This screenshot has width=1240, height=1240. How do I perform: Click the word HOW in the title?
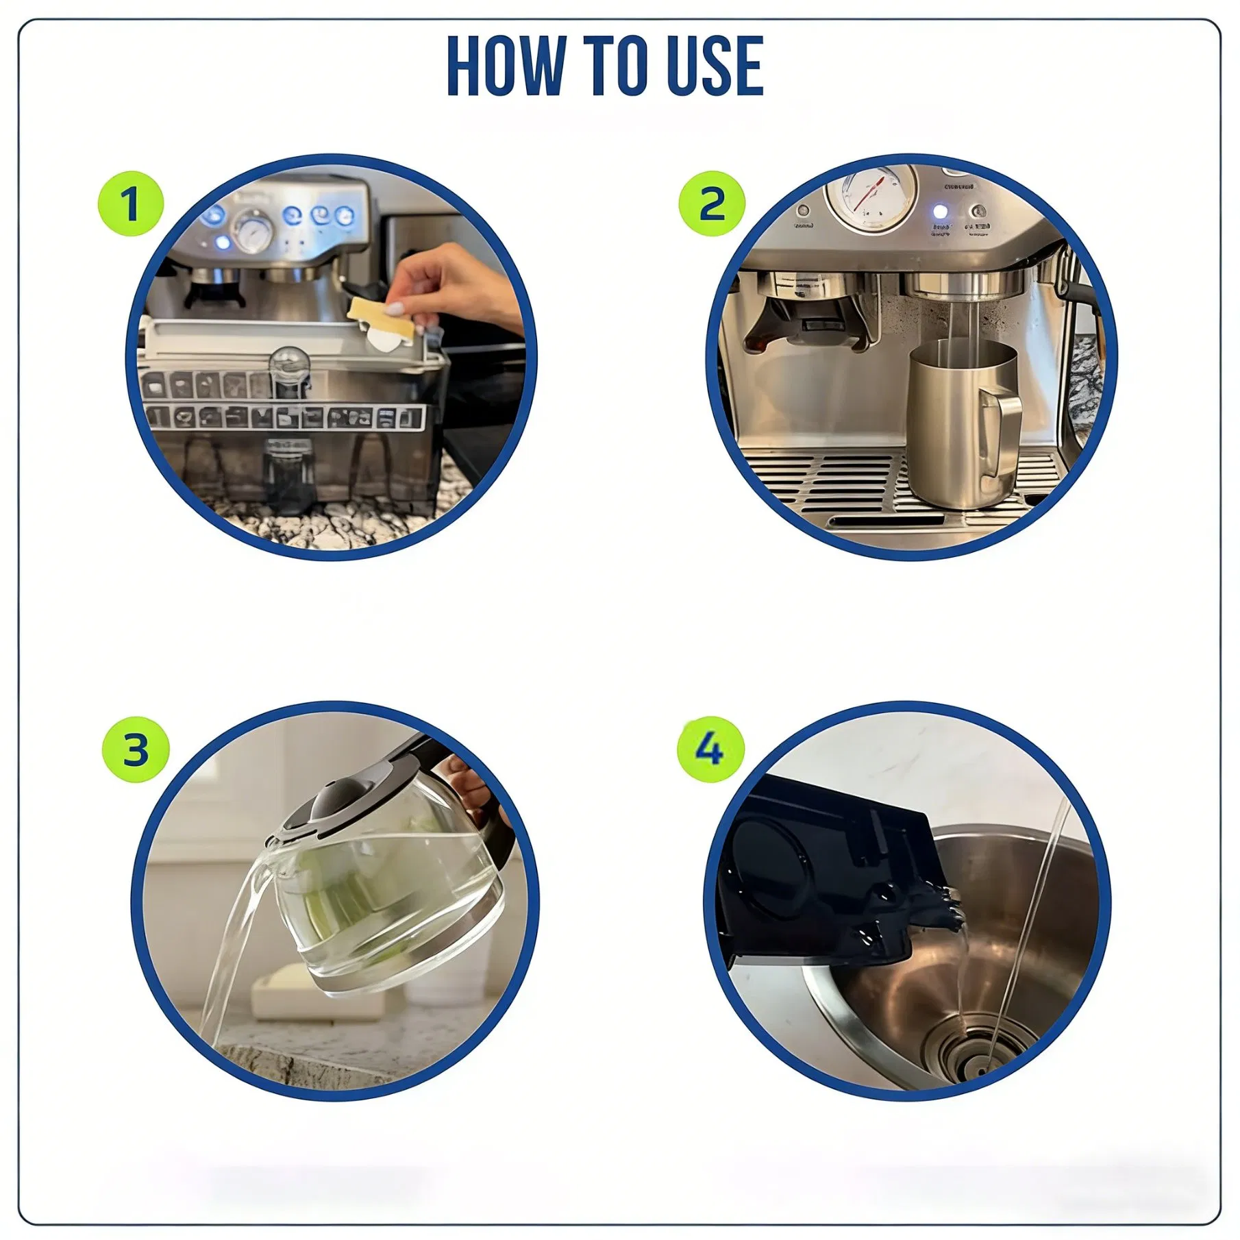(x=505, y=66)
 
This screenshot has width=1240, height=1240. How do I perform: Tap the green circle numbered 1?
(x=130, y=204)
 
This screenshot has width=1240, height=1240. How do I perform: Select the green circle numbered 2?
(x=711, y=204)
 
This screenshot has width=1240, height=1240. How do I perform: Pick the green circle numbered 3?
(x=135, y=749)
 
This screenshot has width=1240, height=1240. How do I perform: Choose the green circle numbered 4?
(x=710, y=749)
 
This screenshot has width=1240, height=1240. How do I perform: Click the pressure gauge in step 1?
(x=253, y=233)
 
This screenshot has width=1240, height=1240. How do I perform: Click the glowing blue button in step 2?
(x=940, y=212)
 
